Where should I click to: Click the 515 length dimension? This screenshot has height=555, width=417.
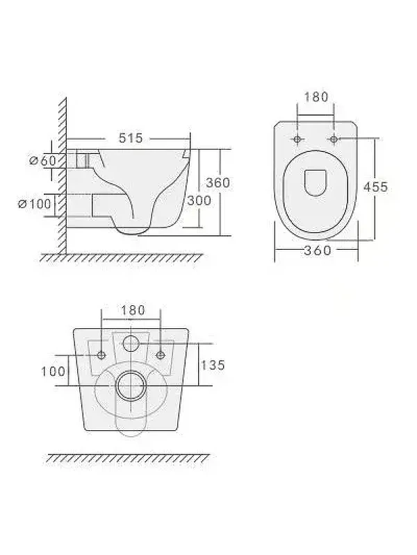point(131,137)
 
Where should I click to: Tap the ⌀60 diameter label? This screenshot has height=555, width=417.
point(42,161)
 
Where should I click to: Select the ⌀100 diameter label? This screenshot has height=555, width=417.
point(35,203)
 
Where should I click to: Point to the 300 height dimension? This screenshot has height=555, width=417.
point(199,200)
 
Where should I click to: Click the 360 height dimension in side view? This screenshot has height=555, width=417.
point(218,182)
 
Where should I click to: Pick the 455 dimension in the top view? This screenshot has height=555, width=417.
point(375,187)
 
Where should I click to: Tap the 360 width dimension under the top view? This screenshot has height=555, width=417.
point(318,250)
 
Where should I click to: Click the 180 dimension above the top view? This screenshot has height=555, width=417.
point(316,96)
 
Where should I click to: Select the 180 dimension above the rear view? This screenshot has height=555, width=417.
point(133,310)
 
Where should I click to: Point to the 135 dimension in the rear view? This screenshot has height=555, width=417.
point(213,365)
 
